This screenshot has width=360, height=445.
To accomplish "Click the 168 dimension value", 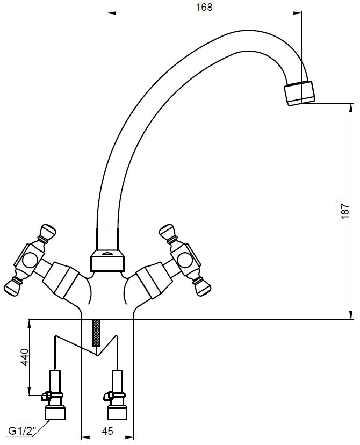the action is (204, 6).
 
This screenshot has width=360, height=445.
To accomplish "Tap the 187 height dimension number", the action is (344, 211).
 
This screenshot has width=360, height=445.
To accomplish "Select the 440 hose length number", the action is (25, 357).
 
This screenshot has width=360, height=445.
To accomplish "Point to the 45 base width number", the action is (107, 431).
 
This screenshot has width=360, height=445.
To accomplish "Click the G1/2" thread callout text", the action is (22, 432).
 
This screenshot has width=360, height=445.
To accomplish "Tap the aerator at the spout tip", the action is (299, 94).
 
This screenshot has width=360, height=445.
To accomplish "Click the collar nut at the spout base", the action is (107, 260).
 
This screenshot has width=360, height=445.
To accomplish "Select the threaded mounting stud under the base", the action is (97, 333).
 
